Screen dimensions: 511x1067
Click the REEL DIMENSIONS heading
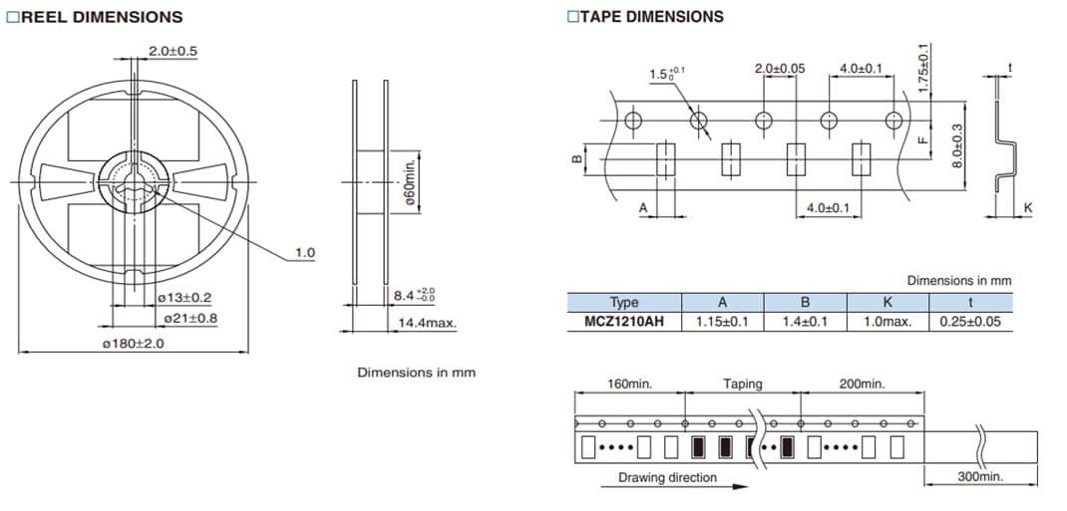(101, 17)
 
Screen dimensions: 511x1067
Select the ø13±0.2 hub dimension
(184, 298)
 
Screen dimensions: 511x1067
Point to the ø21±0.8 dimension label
(190, 318)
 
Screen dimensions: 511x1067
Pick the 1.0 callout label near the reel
(304, 253)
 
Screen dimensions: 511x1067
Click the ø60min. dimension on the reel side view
(410, 180)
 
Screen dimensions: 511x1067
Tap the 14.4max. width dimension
(428, 323)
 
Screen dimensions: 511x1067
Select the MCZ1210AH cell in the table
(624, 322)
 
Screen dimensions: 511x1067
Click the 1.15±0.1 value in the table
(722, 322)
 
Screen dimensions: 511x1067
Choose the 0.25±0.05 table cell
(970, 322)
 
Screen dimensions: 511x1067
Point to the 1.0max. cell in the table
(887, 322)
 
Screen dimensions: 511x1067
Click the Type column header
(624, 303)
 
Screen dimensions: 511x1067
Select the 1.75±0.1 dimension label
(922, 68)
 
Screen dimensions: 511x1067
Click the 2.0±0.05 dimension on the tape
(779, 69)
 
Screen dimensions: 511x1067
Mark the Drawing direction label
(667, 477)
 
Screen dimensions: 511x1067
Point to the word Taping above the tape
(743, 383)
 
